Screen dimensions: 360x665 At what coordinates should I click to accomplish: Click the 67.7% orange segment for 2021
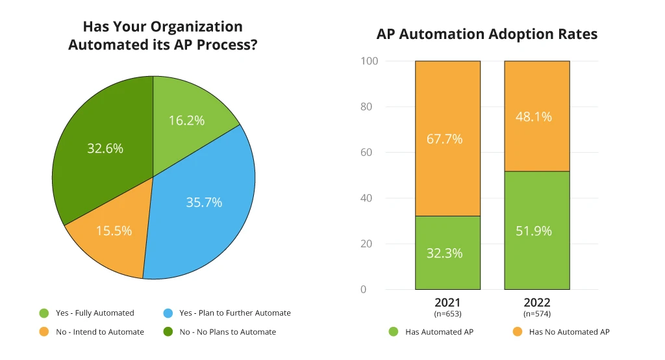[x=447, y=138]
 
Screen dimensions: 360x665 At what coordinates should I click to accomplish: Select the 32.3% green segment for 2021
[x=447, y=253]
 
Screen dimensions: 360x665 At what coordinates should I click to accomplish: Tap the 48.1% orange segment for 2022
[x=536, y=116]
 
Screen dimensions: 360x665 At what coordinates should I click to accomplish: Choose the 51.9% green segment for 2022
[x=536, y=230]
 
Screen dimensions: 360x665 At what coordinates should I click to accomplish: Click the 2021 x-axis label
[x=447, y=303]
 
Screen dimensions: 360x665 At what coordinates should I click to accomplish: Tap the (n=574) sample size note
[x=536, y=314]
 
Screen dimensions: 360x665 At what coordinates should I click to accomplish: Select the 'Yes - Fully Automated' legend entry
[x=88, y=313]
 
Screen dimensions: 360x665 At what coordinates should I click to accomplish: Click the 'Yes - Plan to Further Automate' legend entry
[x=227, y=313]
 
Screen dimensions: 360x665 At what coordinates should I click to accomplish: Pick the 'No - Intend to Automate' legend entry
[x=92, y=332]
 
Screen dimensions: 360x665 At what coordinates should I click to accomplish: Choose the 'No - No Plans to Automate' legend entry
[x=220, y=332]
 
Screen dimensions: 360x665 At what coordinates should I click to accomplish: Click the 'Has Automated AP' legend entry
[x=432, y=332]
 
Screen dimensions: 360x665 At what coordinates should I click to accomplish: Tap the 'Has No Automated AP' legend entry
[x=562, y=332]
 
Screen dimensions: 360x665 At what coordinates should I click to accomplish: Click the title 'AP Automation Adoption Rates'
[x=487, y=34]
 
